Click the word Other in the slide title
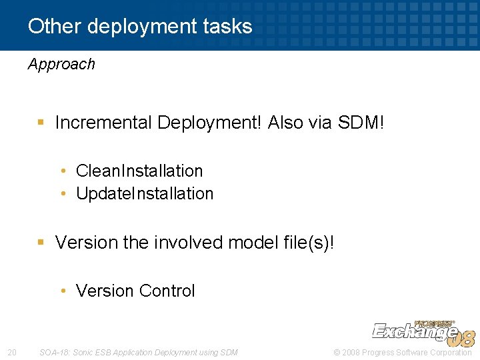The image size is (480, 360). pos(55,27)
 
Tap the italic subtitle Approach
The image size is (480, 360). pos(61,64)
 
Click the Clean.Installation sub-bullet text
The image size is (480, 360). pos(139,171)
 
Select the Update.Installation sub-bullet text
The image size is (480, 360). pos(145,193)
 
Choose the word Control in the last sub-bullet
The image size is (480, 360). pos(167,291)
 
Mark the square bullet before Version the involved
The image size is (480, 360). pos(41,243)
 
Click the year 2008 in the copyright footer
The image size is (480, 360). pos(352,352)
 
